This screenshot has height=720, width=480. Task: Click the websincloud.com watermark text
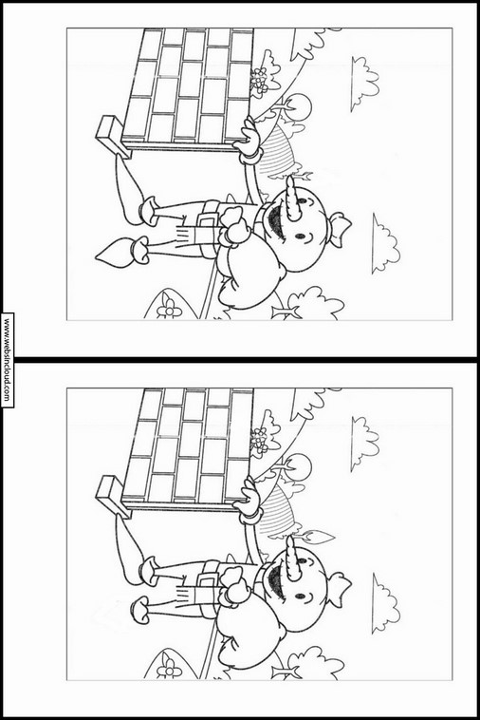tap(7, 360)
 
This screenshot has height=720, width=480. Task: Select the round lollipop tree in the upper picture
tap(300, 105)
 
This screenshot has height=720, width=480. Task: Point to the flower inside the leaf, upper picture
tap(169, 307)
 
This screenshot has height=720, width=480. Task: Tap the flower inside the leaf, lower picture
tap(169, 667)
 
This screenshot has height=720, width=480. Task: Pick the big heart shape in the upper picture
tap(250, 275)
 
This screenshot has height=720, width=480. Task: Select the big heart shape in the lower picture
tap(250, 635)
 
